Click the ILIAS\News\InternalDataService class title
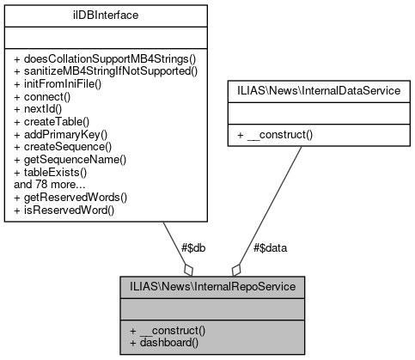318,89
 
